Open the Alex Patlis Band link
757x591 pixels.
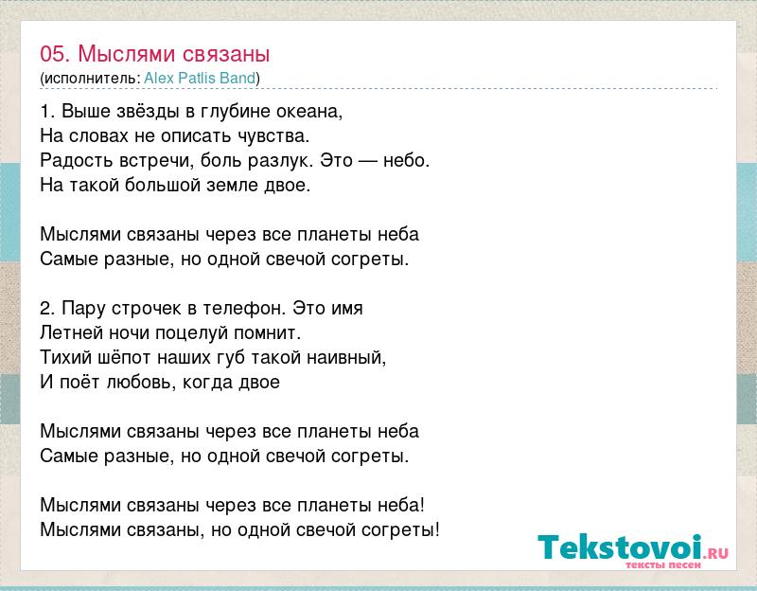(x=200, y=78)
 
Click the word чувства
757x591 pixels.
(x=273, y=135)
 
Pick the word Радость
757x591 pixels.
(x=77, y=160)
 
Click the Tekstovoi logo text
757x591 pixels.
(x=621, y=546)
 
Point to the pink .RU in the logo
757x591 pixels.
(x=716, y=553)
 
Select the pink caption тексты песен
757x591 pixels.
(x=663, y=564)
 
